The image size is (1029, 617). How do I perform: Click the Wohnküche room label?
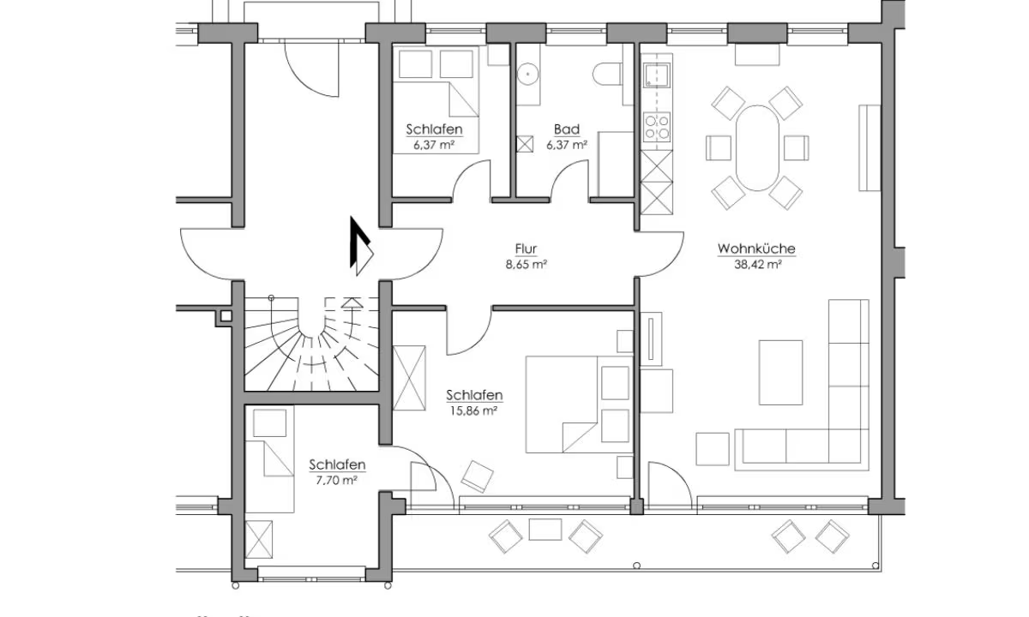(756, 249)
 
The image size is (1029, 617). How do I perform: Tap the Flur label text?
(526, 249)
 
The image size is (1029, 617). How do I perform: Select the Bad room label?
(567, 129)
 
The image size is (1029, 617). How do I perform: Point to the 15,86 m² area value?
(473, 410)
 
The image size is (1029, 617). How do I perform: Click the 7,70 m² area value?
(337, 480)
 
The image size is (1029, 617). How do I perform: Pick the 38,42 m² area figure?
(758, 265)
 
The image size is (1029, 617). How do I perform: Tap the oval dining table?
(757, 147)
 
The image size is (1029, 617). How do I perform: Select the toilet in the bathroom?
(607, 74)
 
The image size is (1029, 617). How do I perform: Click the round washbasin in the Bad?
(528, 74)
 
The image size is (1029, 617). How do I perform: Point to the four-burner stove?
(657, 127)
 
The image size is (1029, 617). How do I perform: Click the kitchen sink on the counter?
(656, 75)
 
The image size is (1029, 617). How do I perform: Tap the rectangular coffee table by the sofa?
(780, 372)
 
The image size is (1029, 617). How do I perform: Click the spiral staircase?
(311, 344)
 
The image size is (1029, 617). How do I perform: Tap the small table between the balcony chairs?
(545, 530)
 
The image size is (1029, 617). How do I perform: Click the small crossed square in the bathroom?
(525, 144)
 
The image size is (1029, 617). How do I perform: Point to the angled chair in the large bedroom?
(477, 476)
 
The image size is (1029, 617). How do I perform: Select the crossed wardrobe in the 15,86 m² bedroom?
(409, 378)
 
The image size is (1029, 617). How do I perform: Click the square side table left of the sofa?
(712, 449)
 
